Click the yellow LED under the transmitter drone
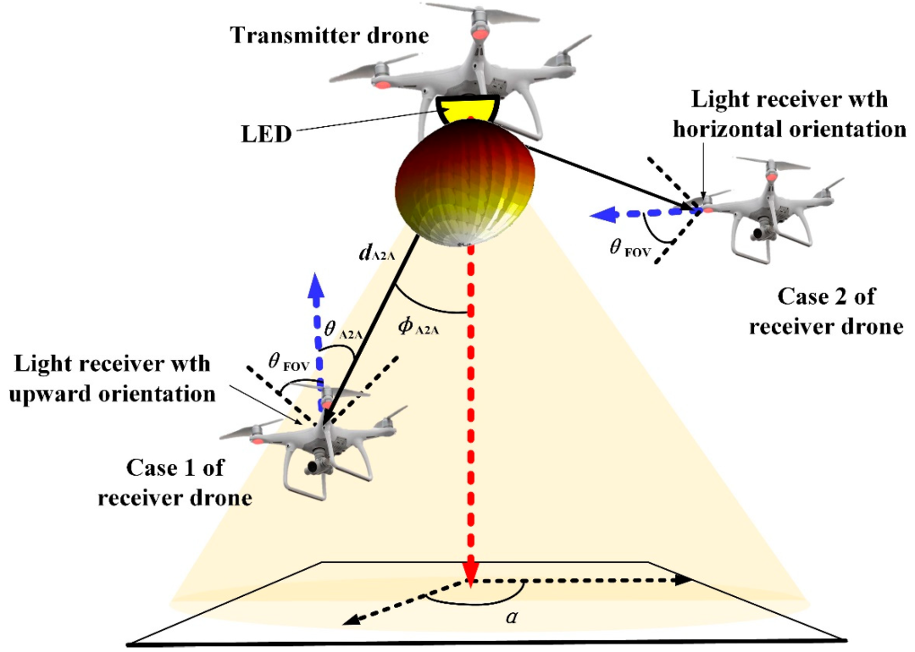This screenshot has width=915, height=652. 467,110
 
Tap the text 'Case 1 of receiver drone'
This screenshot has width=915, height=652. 175,482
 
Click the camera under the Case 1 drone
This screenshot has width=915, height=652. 315,465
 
